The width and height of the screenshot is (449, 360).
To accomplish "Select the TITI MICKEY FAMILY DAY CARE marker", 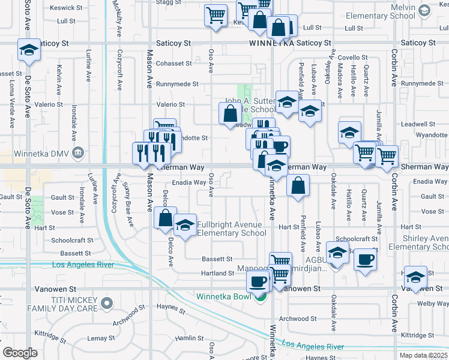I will [107, 303].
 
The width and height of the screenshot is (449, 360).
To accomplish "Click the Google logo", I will [20, 353].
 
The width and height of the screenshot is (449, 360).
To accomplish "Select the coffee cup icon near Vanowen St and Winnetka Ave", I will [259, 281].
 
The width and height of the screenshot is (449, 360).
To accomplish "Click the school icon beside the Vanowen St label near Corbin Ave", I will [415, 277].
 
